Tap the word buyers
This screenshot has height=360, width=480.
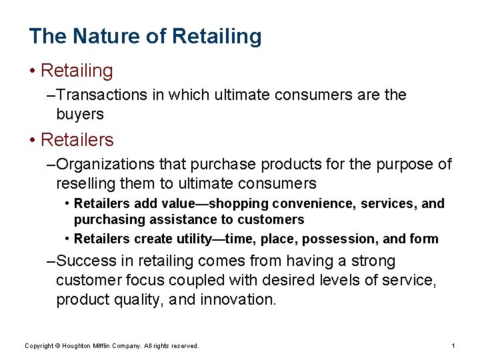(x=80, y=115)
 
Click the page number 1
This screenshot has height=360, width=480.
(x=453, y=346)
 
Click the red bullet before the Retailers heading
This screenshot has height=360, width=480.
(x=32, y=141)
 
